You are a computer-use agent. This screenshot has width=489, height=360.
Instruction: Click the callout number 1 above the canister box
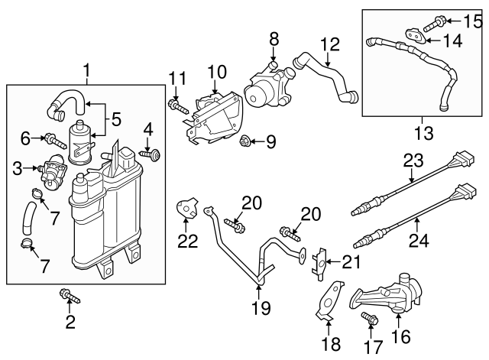[86, 73]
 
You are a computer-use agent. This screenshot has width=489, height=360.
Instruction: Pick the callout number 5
[116, 119]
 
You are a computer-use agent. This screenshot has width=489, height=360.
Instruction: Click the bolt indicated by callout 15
[447, 21]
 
